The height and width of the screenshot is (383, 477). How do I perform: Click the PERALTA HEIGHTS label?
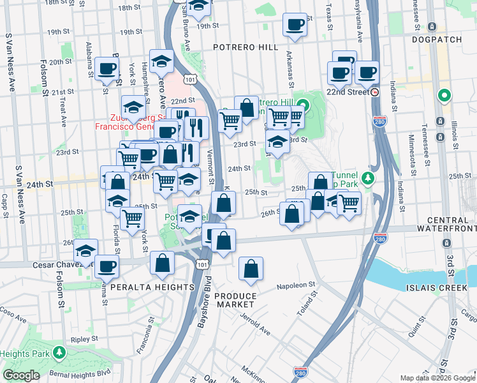(x=152, y=288)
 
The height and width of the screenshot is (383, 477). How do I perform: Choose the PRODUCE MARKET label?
(x=235, y=301)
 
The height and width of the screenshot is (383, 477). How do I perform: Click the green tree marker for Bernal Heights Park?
(x=59, y=352)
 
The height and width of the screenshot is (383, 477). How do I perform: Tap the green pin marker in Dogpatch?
(x=444, y=96)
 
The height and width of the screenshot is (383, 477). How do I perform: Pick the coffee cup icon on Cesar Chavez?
(x=107, y=266)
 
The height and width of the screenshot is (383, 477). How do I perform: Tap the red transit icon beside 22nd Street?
(x=375, y=92)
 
